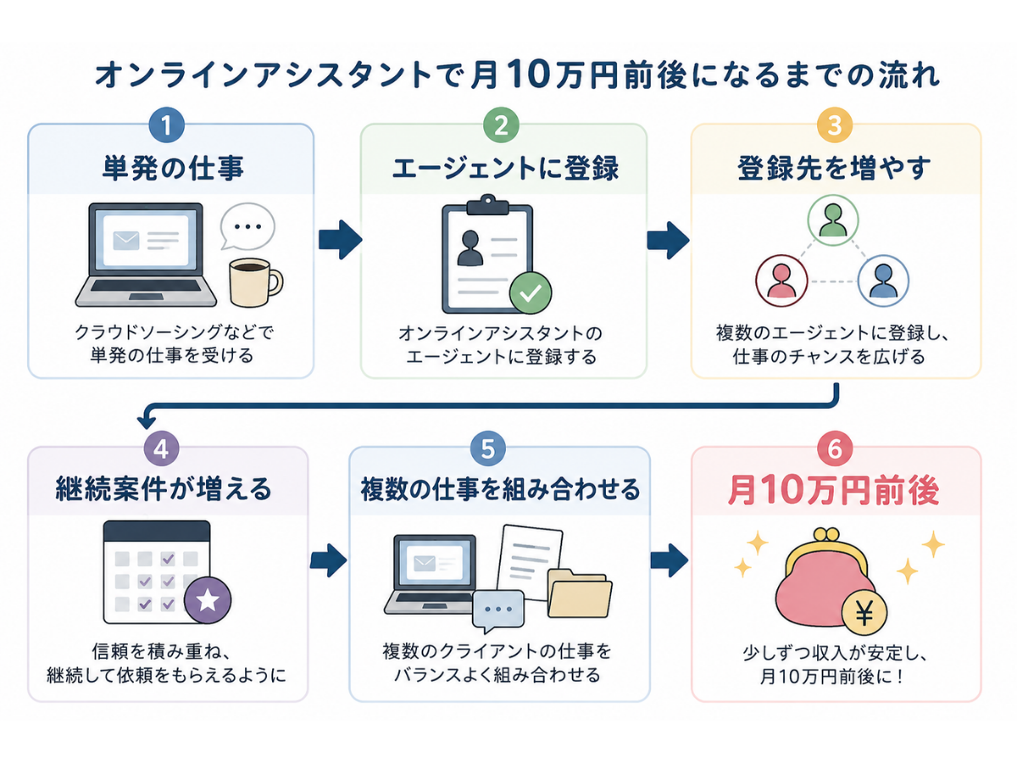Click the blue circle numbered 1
pos(166,125)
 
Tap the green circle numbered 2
pos(500,125)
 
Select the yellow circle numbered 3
pos(834,125)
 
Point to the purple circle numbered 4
pos(161,448)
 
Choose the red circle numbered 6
pos(835,448)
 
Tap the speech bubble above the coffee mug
pos(247,226)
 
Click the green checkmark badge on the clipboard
pos(530,292)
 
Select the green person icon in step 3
pos(832,220)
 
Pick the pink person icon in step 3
pos(781,281)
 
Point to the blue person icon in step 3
pos(883,281)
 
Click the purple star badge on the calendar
pos(207,600)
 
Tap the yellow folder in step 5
pos(579,593)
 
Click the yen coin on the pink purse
pos(864,613)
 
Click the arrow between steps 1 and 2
pos(340,240)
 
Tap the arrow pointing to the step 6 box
pos(669,560)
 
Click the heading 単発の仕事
pos(173,168)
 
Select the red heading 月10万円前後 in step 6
pos(834,490)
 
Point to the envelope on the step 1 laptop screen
pos(126,241)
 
